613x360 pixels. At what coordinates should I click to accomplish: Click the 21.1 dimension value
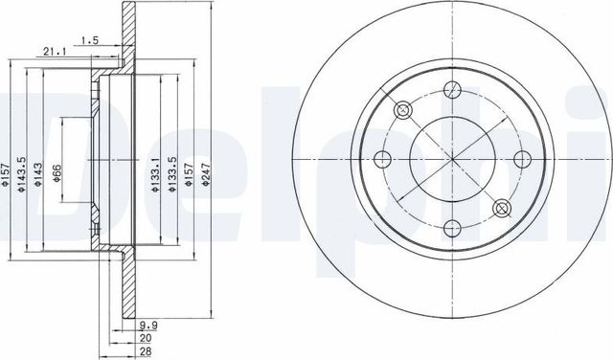pos(54,54)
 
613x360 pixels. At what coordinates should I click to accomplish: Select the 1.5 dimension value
pos(91,39)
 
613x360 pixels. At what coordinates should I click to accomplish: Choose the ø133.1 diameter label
pos(154,172)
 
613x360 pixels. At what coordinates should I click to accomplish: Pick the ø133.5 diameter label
pos(172,172)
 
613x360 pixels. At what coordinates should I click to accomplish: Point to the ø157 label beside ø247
pos(189,172)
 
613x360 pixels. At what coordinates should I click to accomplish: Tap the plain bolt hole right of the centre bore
pos(522,159)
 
